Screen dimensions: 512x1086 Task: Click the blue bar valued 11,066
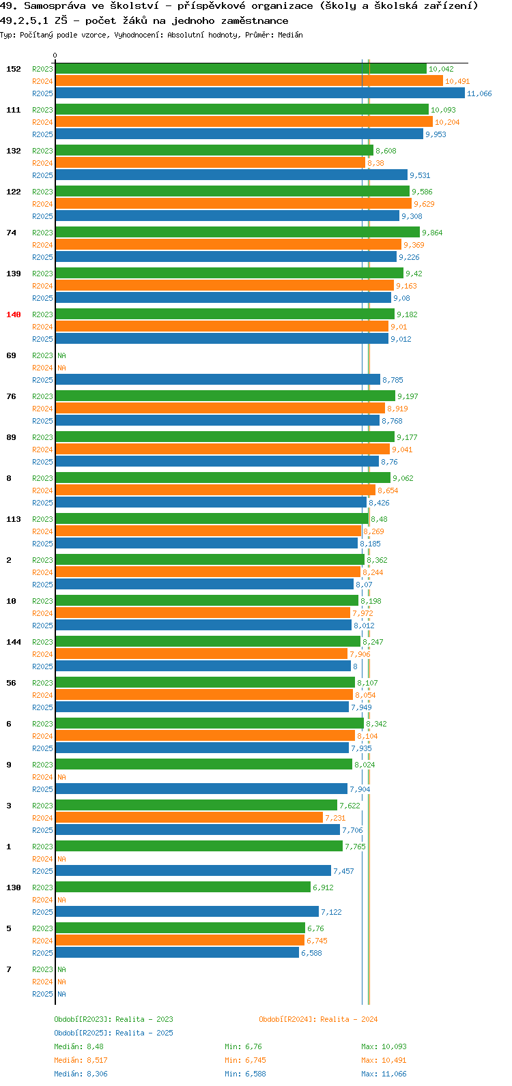260,93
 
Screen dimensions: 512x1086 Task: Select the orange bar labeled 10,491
249,81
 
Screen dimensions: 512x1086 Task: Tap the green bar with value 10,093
242,110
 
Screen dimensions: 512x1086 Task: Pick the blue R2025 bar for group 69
218,379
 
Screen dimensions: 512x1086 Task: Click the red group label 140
14,314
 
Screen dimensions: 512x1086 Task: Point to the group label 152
14,69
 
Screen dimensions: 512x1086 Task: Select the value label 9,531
420,175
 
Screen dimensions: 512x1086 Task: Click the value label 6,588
311,953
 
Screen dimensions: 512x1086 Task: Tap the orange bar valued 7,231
189,818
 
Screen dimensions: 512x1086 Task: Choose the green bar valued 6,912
183,887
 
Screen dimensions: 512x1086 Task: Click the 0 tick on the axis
55,55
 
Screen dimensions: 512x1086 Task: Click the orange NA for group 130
61,900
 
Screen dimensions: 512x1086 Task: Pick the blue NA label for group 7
61,994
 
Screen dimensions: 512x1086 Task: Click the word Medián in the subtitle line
290,35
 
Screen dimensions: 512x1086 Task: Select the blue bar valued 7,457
193,870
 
